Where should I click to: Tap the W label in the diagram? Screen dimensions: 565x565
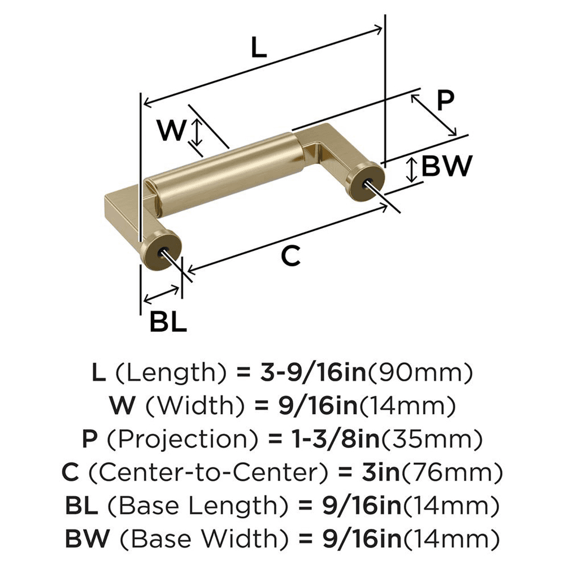(171, 131)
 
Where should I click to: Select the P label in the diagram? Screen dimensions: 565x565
(446, 101)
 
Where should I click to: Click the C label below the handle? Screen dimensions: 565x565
(290, 257)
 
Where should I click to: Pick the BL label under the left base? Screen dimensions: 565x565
(168, 322)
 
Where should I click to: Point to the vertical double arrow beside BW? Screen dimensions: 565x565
(413, 169)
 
